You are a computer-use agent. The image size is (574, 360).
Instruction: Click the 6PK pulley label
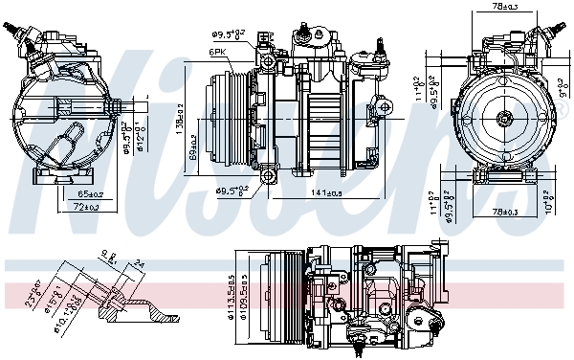218,53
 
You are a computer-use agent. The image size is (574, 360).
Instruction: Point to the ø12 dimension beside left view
139,136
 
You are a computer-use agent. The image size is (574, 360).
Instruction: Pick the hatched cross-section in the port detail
143,308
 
